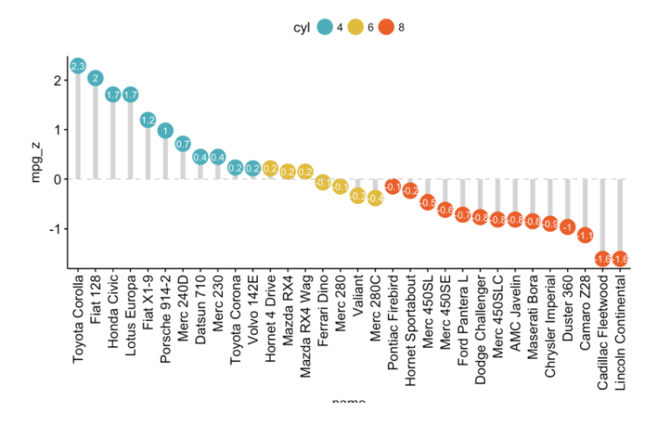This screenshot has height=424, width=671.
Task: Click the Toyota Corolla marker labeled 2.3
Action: click(x=78, y=66)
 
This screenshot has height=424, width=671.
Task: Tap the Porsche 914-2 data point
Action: click(x=165, y=130)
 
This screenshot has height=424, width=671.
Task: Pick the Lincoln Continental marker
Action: click(x=620, y=259)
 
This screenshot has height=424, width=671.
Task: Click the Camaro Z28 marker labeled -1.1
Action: click(x=585, y=235)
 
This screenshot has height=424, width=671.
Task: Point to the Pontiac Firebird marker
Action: click(x=392, y=186)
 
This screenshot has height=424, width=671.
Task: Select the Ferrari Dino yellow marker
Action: click(x=322, y=183)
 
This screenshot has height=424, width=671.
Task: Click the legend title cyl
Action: click(x=302, y=28)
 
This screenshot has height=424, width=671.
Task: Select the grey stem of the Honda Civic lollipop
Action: click(x=113, y=140)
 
